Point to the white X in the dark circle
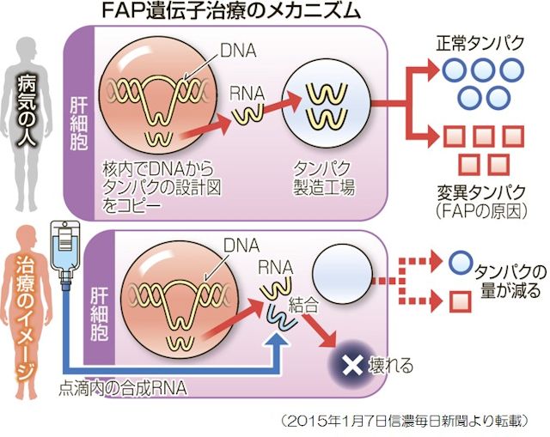coord(350,365)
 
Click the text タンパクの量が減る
coord(507,282)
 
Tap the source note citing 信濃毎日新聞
coord(412,421)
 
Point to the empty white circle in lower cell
coord(341,275)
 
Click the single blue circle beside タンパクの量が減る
coord(461,260)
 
